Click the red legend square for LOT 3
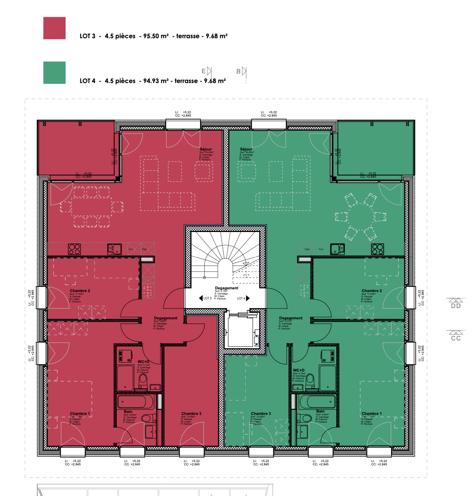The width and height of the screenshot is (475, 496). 54,28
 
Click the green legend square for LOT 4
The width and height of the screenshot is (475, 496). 54,73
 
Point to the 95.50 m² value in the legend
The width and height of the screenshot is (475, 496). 156,36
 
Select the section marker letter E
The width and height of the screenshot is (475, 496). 204,71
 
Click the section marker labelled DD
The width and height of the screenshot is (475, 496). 456,306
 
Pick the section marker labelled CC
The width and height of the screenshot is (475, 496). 456,338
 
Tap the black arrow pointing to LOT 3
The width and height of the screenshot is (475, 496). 200,298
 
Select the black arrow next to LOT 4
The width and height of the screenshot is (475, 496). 248,298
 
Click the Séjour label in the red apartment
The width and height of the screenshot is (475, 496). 206,149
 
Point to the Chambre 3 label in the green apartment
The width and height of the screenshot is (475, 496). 261,414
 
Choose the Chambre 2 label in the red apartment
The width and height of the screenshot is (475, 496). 80,291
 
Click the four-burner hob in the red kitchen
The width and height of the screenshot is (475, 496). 74,249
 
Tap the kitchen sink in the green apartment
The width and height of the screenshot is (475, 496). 337,249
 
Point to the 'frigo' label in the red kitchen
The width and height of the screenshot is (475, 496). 145,249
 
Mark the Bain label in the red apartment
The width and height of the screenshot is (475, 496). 128,412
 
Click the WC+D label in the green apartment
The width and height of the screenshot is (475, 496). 299,370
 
